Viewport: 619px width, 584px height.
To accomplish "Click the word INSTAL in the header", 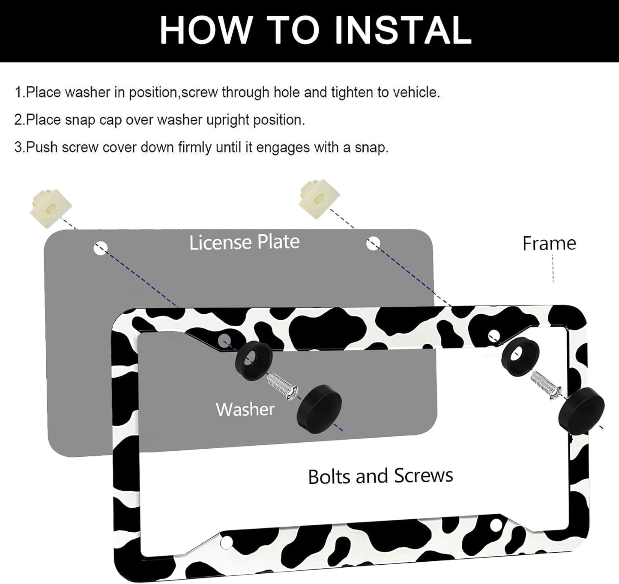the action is click(x=403, y=30).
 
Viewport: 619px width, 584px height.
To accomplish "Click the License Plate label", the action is click(x=244, y=242).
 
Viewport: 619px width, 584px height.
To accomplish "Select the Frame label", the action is click(x=549, y=244).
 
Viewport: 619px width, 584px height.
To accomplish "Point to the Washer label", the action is click(x=245, y=409).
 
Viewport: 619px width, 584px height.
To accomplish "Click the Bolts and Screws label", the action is click(x=380, y=476).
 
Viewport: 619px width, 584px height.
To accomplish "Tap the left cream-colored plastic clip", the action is click(x=51, y=208).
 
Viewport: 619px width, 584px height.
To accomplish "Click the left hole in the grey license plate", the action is click(x=100, y=248).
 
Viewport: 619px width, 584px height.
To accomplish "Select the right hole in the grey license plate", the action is click(x=373, y=244).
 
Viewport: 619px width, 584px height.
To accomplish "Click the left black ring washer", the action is click(x=253, y=361).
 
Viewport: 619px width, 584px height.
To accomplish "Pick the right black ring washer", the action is click(x=520, y=356).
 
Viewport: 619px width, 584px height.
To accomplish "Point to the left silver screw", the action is click(x=282, y=387).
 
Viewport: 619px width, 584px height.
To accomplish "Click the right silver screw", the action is click(x=546, y=385).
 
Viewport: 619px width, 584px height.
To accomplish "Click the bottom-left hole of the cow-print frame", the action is click(x=226, y=542).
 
